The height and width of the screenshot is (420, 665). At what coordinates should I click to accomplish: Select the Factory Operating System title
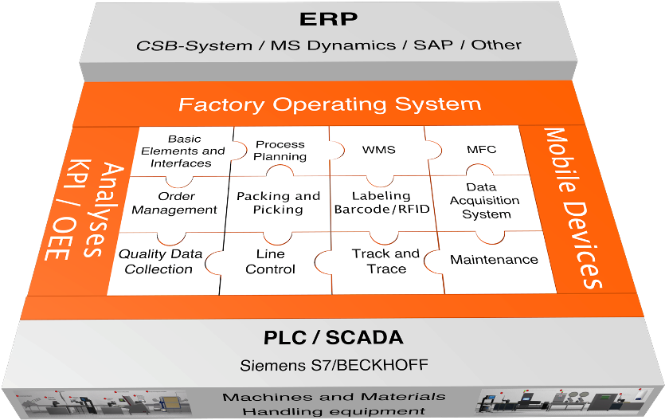[x=330, y=104]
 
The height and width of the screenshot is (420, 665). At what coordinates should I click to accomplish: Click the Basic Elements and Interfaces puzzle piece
[x=181, y=151]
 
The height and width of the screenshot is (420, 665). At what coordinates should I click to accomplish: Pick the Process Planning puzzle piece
[x=280, y=150]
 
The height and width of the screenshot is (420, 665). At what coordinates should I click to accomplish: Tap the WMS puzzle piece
[x=378, y=149]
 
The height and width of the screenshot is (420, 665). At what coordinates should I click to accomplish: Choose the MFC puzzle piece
[x=481, y=149]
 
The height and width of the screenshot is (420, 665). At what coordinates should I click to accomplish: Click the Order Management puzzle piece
[x=174, y=202]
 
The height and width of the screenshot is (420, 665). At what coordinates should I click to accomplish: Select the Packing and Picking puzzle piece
[x=278, y=202]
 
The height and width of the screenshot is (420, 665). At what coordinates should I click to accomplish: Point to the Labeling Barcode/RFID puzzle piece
[x=382, y=202]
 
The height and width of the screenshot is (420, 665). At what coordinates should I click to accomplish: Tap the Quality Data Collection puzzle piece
[x=159, y=261]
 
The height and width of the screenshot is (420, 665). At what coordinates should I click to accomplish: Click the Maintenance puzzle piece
[x=494, y=260]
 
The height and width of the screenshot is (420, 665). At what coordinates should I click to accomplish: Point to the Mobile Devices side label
[x=575, y=206]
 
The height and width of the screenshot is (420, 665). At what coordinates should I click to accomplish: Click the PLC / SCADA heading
[x=333, y=338]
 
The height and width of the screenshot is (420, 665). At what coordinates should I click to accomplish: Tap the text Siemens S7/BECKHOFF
[x=334, y=366]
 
